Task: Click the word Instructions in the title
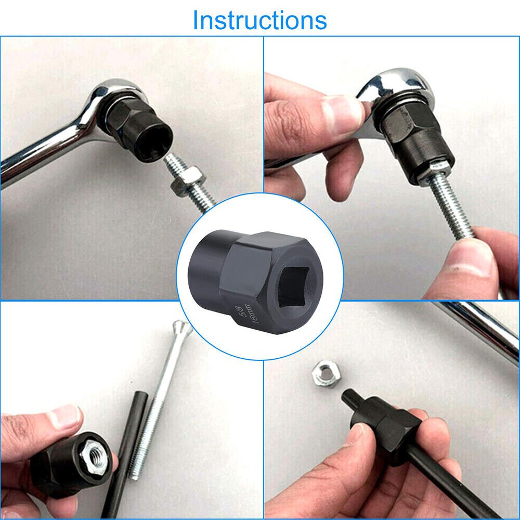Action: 259,20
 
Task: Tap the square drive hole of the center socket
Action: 294,286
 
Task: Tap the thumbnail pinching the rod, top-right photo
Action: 471,257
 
